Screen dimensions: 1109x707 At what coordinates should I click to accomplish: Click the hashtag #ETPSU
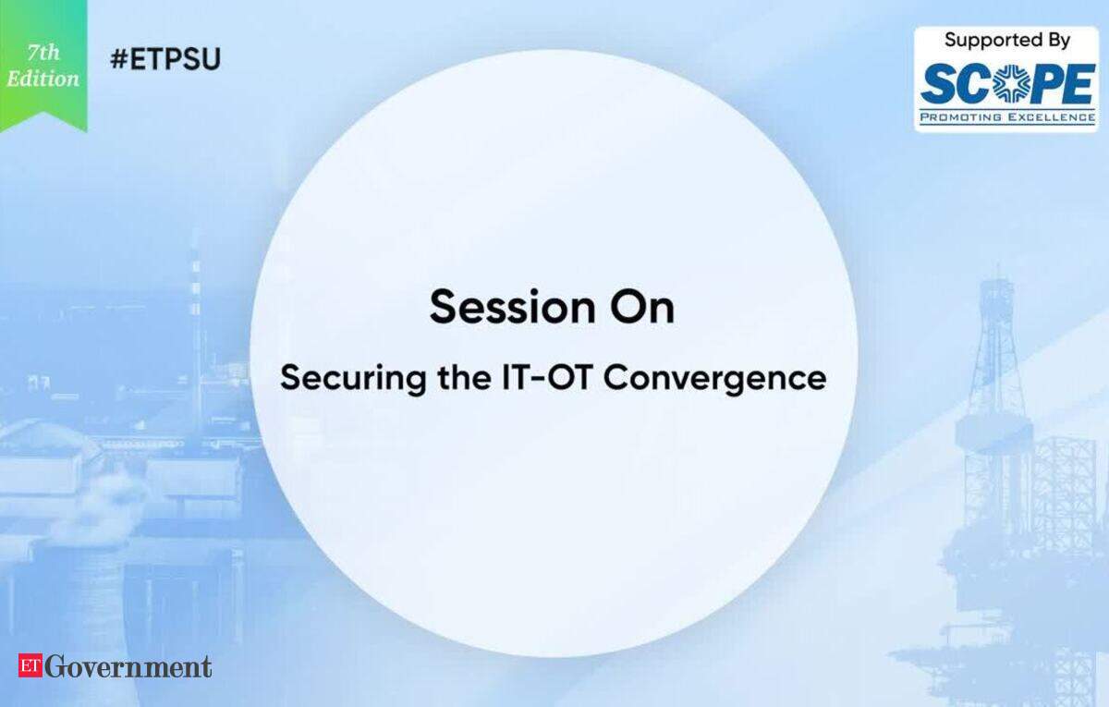[165, 59]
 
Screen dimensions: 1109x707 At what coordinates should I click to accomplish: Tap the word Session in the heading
[512, 308]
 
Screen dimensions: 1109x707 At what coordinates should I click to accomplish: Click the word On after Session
[642, 308]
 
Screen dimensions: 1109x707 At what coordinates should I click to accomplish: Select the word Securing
[353, 380]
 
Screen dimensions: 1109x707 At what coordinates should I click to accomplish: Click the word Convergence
[715, 379]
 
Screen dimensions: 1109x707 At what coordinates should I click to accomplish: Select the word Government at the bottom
[128, 666]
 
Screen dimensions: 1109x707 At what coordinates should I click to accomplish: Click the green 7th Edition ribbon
[43, 66]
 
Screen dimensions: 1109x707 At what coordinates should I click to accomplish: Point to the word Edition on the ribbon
[43, 79]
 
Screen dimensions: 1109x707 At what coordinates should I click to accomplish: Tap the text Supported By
[1007, 41]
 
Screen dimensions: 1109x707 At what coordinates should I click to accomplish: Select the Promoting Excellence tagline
[1007, 117]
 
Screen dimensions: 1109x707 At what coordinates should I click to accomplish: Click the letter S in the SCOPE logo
[936, 85]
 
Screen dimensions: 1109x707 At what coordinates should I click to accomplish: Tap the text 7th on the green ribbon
[43, 53]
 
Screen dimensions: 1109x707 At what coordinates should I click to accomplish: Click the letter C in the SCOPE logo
[969, 85]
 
